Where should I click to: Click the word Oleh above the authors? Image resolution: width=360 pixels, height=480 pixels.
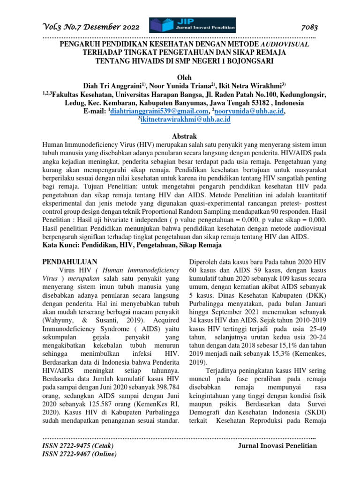[180, 77]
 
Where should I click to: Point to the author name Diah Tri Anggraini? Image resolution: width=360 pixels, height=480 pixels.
[114, 86]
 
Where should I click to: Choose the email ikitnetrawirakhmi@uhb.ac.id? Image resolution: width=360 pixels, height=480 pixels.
[185, 120]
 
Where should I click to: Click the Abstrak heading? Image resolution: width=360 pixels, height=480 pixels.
[180, 135]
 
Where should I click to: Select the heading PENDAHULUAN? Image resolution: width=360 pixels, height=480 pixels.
[70, 262]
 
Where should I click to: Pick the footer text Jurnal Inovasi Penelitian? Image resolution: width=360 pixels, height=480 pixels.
[278, 445]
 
